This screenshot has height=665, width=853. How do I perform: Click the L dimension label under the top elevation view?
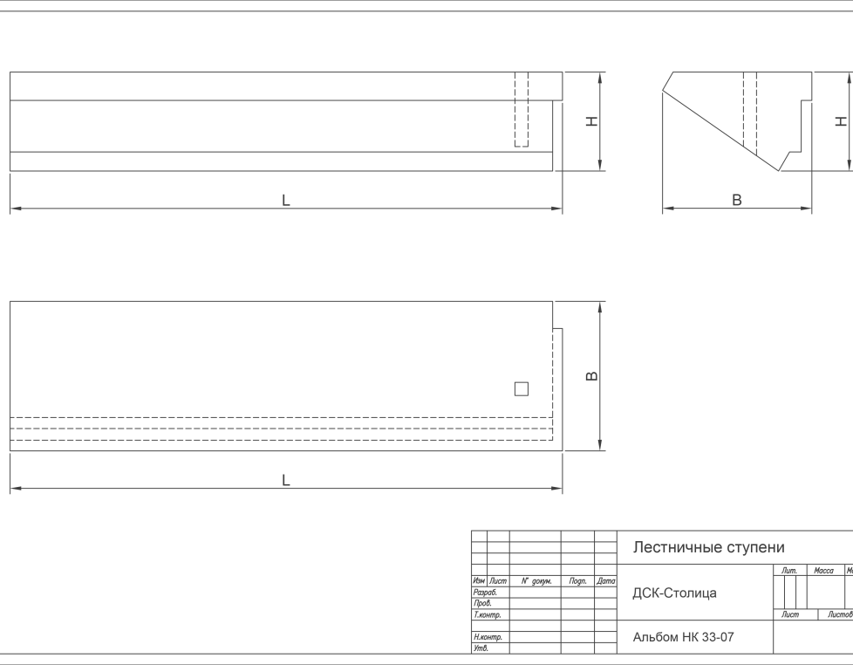coord(285,200)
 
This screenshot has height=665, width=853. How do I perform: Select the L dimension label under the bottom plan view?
coord(285,480)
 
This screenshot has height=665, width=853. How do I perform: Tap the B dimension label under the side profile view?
coord(737,200)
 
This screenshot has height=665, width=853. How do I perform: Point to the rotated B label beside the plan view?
coord(592,376)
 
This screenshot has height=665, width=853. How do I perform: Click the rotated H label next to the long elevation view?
coord(592,120)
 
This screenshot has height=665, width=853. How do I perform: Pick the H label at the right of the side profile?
coord(842,120)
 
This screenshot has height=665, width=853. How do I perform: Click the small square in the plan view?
coord(522,389)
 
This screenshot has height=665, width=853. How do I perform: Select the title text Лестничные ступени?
coord(708,547)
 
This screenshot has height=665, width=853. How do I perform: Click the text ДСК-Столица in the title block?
coord(674,593)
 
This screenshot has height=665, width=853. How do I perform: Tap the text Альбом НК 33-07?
coord(683,637)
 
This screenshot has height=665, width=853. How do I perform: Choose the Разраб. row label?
coord(485,592)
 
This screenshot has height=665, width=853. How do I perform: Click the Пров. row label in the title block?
coord(482,603)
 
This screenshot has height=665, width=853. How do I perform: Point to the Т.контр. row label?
coord(487,615)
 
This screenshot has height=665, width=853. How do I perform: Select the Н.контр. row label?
coord(488,637)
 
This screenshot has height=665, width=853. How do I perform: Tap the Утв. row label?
coord(481,648)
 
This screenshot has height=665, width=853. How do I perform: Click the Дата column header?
coord(605,581)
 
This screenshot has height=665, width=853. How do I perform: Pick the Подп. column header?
coord(577,581)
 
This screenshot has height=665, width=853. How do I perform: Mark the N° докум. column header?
coord(536,581)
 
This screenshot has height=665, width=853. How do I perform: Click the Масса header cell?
coord(823,570)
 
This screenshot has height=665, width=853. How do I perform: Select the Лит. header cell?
coord(789,570)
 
